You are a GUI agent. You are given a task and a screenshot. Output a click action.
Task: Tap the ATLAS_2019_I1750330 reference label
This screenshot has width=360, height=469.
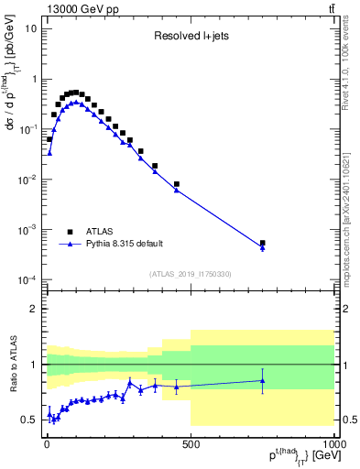190,274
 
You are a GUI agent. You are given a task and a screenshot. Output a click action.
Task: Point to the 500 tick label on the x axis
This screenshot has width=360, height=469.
191,442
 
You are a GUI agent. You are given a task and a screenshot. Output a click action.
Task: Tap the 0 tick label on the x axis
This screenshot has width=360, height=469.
48,442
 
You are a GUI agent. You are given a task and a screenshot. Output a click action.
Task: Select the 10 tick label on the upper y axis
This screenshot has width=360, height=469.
30,28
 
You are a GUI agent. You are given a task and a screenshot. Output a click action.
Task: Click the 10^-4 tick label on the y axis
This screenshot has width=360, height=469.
27,279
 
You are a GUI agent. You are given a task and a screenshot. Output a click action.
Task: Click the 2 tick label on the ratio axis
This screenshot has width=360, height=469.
33,309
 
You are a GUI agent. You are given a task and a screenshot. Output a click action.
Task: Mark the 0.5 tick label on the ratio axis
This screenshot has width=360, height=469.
29,420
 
